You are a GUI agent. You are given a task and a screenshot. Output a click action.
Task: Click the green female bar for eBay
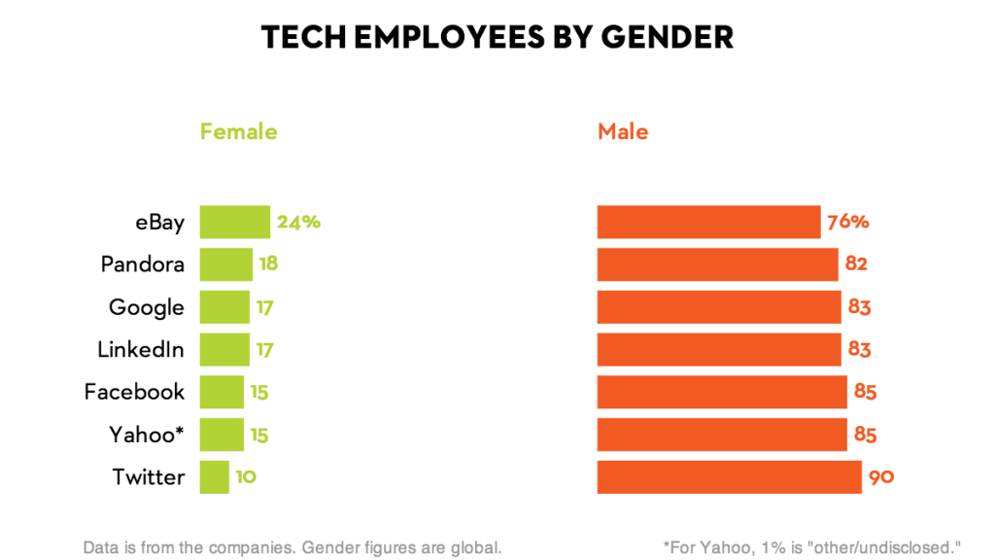click(x=234, y=222)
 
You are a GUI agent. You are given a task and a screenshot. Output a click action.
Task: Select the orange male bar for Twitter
click(x=729, y=477)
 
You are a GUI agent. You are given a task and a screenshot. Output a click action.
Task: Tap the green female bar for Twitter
click(x=215, y=477)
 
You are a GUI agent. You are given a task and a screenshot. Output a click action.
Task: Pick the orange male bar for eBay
click(x=708, y=222)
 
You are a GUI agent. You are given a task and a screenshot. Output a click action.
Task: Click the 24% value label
click(x=298, y=222)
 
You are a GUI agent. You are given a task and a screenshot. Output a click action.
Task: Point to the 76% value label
click(x=847, y=222)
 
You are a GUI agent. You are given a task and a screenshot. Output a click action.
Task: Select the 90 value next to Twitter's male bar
click(x=881, y=477)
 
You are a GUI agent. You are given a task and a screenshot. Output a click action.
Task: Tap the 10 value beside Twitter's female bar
click(x=246, y=477)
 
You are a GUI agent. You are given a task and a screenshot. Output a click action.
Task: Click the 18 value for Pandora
click(x=269, y=264)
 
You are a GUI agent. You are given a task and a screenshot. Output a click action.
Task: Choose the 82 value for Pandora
click(x=856, y=264)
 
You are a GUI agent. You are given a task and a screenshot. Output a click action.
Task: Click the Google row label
click(x=147, y=307)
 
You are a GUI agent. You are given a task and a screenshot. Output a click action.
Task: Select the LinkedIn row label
click(x=141, y=349)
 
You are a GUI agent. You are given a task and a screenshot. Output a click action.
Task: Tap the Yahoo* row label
click(x=147, y=435)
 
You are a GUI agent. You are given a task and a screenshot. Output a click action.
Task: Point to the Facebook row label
click(x=134, y=392)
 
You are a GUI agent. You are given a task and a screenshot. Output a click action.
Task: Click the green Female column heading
click(x=238, y=131)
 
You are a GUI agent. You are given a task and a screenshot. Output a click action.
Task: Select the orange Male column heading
click(x=623, y=131)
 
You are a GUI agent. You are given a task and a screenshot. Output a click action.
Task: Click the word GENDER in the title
click(x=666, y=37)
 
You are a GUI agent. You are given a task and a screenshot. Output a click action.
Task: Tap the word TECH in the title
click(x=301, y=37)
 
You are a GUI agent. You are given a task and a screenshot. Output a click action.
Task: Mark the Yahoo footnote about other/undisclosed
click(x=811, y=546)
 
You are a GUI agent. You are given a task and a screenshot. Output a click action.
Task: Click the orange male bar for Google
click(x=719, y=307)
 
